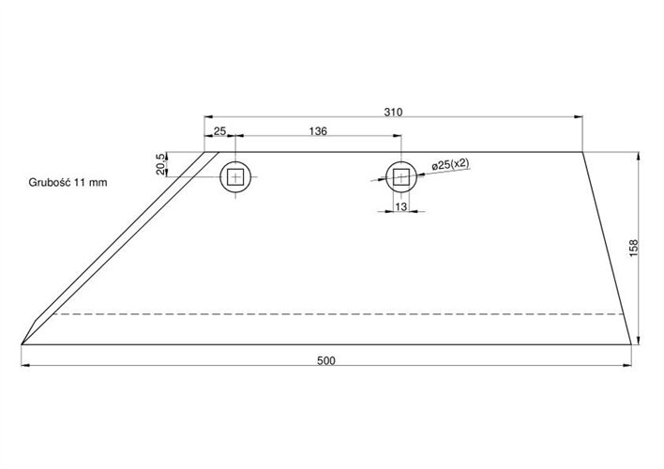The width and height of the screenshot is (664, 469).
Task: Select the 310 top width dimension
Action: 393,112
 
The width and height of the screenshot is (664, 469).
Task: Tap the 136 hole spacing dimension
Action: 317,132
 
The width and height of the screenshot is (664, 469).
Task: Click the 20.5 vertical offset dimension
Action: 161,163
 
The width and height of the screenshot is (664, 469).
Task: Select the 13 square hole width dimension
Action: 401,206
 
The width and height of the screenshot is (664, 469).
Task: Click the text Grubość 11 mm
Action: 68,183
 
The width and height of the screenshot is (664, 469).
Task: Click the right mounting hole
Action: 401,176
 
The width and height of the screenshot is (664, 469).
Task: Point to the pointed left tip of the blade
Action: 22,343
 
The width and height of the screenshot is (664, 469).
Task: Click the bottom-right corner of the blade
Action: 630,344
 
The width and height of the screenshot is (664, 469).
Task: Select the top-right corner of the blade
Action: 582,152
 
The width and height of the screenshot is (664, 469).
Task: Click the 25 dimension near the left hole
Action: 219,132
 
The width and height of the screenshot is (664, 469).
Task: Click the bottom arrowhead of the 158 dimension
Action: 638,340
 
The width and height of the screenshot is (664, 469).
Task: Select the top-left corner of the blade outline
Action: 206,152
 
